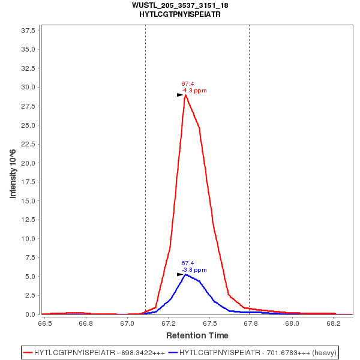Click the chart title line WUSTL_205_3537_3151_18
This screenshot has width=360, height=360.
[180, 5]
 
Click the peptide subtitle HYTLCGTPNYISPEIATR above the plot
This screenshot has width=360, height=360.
[180, 14]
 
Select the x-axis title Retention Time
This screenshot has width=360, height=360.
[197, 335]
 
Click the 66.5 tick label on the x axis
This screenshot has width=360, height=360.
[44, 323]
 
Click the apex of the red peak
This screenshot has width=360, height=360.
[185, 95]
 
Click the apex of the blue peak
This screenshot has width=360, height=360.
[186, 274]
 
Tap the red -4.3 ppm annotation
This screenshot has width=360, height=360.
[194, 91]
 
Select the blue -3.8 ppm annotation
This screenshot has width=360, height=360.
[194, 269]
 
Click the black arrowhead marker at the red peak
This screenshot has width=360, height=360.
[180, 95]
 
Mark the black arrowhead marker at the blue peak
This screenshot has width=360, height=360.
[180, 274]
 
